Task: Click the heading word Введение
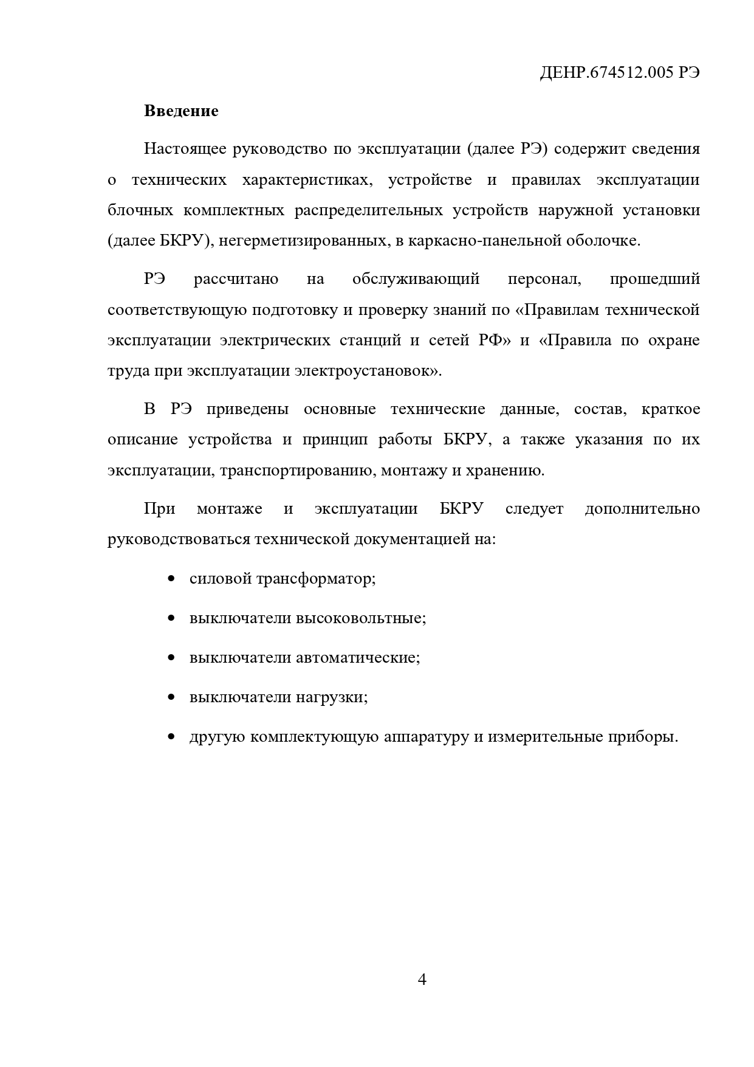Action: pyautogui.click(x=181, y=111)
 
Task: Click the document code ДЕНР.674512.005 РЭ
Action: pyautogui.click(x=619, y=73)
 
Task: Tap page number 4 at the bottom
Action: pyautogui.click(x=422, y=979)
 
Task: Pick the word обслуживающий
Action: pyautogui.click(x=416, y=279)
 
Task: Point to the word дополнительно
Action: pyautogui.click(x=642, y=508)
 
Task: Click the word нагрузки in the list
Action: pyautogui.click(x=331, y=697)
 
